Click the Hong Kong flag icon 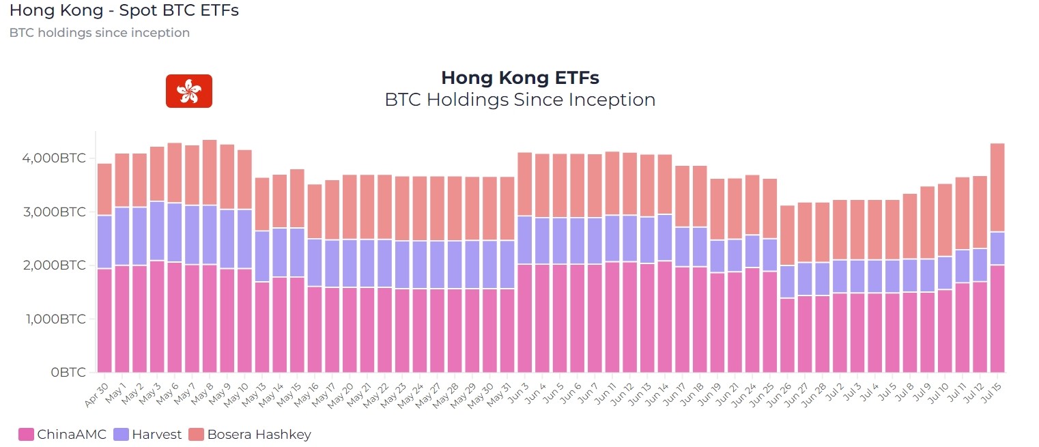pyautogui.click(x=188, y=91)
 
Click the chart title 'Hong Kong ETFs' pyautogui.click(x=519, y=77)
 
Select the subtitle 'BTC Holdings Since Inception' pyautogui.click(x=519, y=100)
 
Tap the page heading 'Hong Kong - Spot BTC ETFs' pyautogui.click(x=124, y=11)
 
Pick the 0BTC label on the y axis pyautogui.click(x=68, y=373)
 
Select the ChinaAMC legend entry pyautogui.click(x=63, y=434)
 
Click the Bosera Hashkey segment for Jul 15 pyautogui.click(x=997, y=187)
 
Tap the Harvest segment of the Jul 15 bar pyautogui.click(x=997, y=248)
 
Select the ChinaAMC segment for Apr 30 pyautogui.click(x=104, y=321)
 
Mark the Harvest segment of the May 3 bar pyautogui.click(x=157, y=231)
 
